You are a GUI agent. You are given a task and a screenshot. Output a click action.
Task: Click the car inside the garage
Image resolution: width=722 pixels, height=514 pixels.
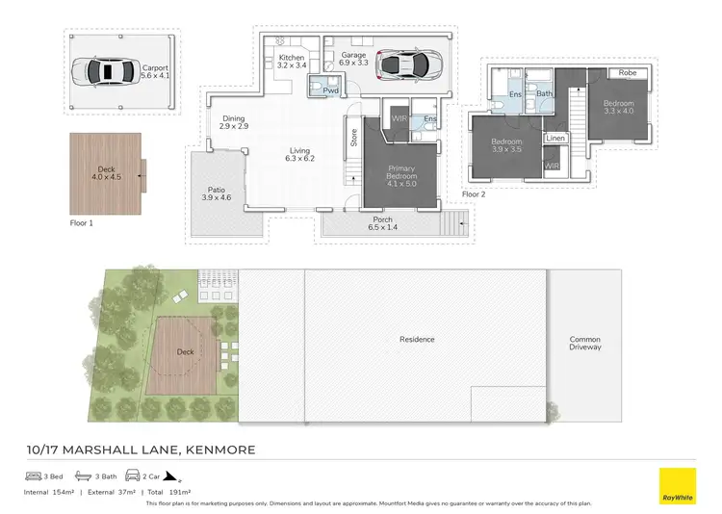[405, 64]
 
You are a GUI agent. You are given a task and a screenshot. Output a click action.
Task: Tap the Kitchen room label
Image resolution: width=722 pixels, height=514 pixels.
[291, 63]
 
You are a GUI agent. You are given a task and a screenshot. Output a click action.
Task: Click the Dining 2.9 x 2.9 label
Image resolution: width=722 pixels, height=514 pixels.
[234, 123]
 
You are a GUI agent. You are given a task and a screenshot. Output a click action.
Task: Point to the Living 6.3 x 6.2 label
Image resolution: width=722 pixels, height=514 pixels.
[300, 155]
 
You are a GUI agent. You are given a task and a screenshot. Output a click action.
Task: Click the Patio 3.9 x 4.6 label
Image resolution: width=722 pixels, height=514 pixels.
[216, 193]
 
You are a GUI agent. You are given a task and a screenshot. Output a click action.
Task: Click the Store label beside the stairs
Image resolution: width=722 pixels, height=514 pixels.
[353, 138]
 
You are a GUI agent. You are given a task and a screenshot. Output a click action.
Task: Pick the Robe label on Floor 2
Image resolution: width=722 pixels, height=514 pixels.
[628, 73]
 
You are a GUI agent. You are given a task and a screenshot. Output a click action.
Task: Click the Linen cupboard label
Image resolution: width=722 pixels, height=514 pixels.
[555, 140]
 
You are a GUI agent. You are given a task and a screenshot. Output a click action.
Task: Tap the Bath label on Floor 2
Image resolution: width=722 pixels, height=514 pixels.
[544, 93]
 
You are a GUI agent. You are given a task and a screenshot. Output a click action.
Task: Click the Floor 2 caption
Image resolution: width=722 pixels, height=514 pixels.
[474, 194]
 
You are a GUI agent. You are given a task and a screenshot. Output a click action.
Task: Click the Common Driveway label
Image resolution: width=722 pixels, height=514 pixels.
[584, 343]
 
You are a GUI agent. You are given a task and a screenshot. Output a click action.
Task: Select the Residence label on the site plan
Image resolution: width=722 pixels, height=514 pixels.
[417, 339]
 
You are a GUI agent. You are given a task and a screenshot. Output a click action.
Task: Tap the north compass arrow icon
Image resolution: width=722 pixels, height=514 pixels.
[170, 475]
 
